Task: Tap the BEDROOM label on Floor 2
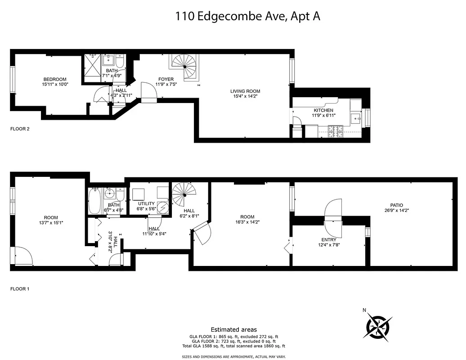pos(55,79)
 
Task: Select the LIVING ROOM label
pos(246,91)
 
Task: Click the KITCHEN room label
pos(323,110)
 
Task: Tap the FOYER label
pos(166,80)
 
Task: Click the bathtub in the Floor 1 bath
pos(95,201)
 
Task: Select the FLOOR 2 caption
pos(20,129)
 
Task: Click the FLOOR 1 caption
pos(20,289)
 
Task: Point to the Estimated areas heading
pos(234,330)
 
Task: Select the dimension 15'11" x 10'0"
pos(55,84)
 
